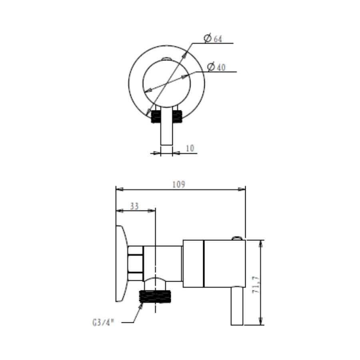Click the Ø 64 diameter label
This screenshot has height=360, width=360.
[213, 38]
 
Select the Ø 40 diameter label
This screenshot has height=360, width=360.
[216, 67]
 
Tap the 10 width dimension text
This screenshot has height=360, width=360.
[190, 148]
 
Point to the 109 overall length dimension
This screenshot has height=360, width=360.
[178, 184]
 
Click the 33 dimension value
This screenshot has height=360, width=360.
[134, 206]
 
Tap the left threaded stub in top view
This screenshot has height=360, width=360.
[156, 116]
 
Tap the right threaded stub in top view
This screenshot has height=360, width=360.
[177, 116]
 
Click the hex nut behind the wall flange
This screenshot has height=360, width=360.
[136, 264]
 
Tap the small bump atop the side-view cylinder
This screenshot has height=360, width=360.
[237, 238]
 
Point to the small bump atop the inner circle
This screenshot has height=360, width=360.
[166, 60]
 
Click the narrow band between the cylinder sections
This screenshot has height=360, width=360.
[204, 264]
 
